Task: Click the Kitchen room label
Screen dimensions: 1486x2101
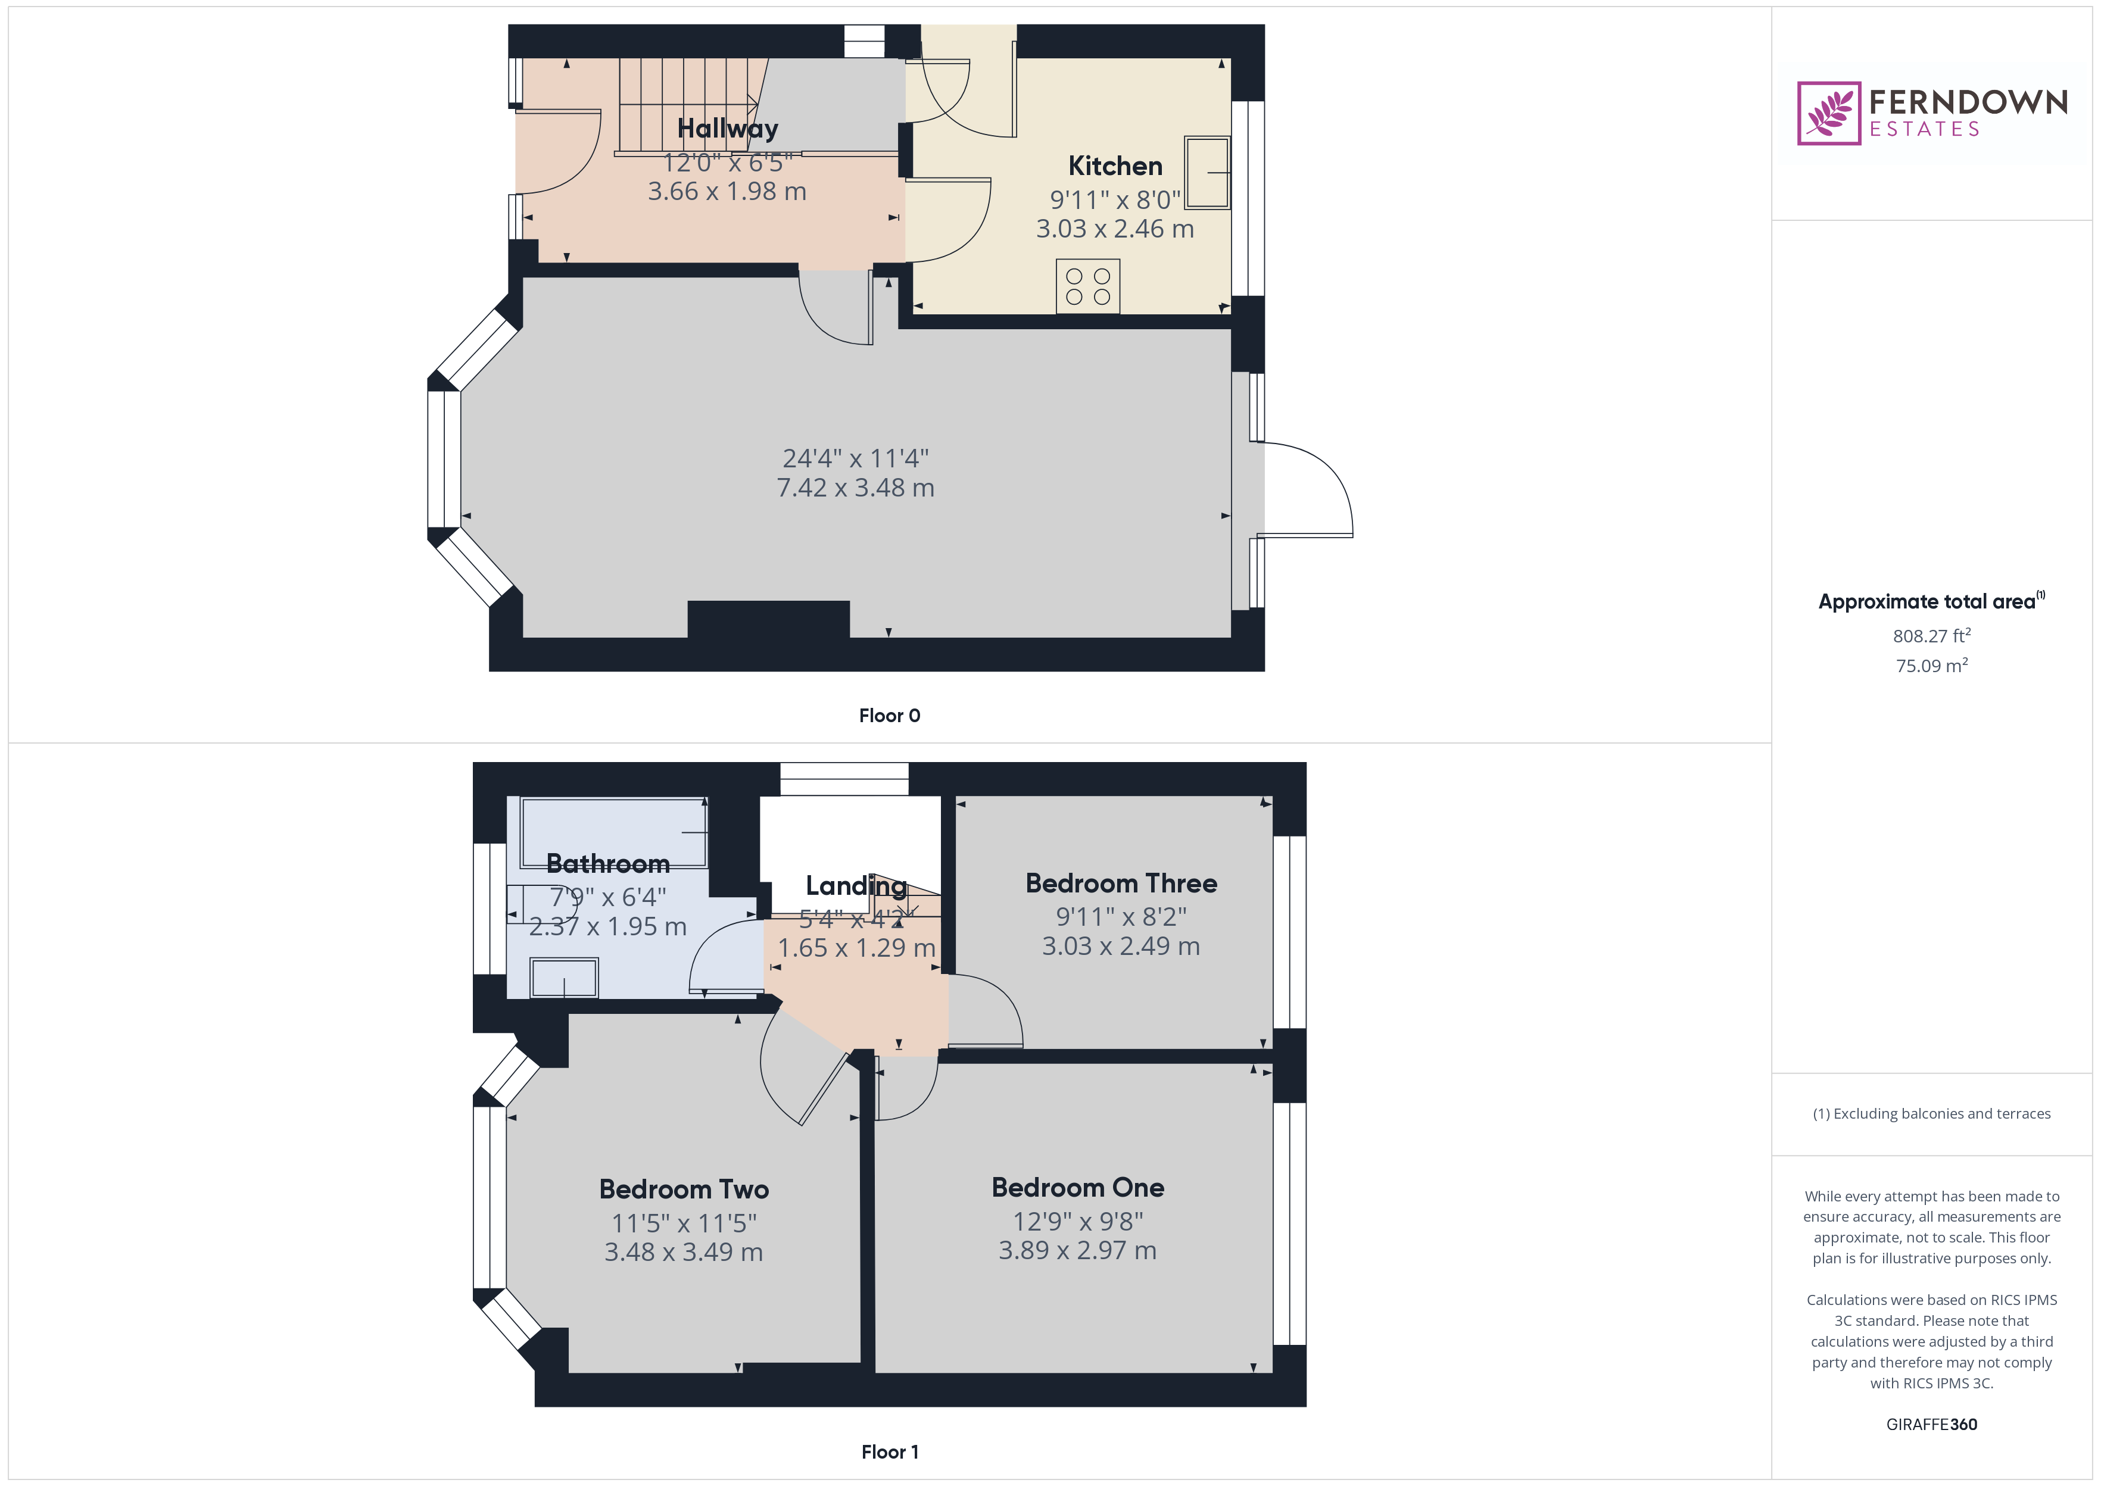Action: coord(1115,167)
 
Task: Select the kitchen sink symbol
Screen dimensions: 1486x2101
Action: coord(1207,173)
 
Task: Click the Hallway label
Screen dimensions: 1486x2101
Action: coord(728,129)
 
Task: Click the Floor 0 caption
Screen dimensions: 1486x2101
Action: coord(889,716)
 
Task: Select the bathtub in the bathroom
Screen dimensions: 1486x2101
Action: coord(613,832)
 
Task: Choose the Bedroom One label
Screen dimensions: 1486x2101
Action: coord(1077,1188)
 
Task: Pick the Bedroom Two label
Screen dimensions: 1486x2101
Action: coord(684,1190)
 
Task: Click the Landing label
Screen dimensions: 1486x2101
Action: coord(856,886)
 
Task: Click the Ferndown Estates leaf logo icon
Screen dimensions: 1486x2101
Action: coord(1828,114)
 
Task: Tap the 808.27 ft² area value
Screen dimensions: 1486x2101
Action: coord(1931,636)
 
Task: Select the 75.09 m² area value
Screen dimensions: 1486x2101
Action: coord(1931,666)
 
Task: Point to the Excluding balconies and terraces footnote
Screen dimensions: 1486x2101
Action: coord(1931,1113)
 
